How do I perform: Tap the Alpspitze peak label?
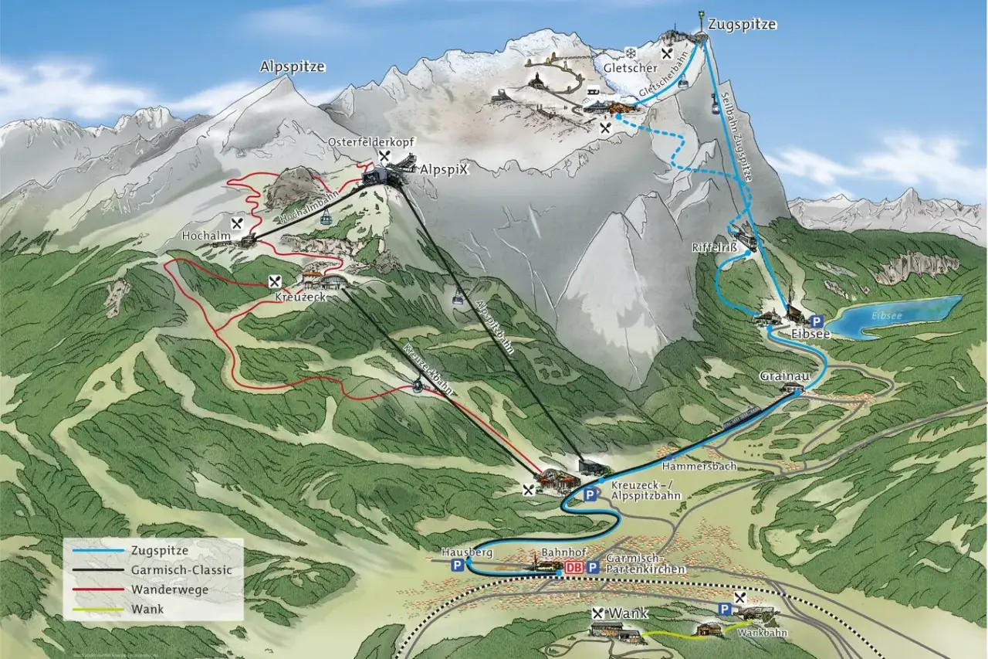point(292,67)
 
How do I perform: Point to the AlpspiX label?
point(443,169)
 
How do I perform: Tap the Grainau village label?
point(783,376)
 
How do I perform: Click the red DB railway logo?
point(572,568)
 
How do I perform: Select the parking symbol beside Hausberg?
point(458,566)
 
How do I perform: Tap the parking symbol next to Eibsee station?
point(817,320)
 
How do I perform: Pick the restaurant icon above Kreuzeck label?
point(274,281)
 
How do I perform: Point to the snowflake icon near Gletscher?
point(631,53)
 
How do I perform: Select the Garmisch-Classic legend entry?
point(182,570)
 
